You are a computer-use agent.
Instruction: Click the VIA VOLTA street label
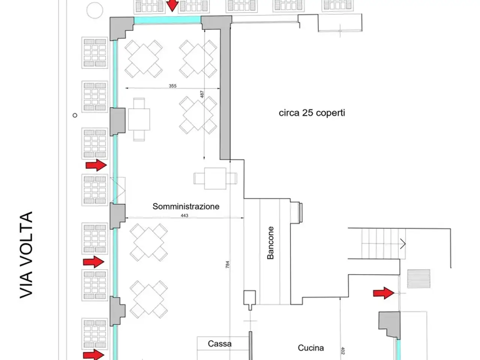coord(26,255)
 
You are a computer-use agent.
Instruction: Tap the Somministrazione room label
coord(186,206)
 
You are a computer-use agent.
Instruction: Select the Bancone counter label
coord(270,243)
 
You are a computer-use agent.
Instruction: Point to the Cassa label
coord(219,343)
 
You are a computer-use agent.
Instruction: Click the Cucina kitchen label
coord(311,348)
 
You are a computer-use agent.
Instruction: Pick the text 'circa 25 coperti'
coord(312,113)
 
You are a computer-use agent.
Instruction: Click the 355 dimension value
coord(172,86)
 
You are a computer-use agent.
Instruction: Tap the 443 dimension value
coord(184,216)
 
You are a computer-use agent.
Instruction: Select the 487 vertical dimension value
coord(202,94)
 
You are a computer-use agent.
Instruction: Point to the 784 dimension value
coord(227,264)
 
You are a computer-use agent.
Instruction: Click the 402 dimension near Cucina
coord(343,351)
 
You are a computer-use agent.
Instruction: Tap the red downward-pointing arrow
coord(172,6)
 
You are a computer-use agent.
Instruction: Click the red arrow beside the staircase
coord(384,293)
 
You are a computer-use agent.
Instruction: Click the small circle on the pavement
coord(75,115)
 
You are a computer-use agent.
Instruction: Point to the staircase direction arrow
coord(403,243)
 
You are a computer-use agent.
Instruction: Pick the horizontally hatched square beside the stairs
coord(418,279)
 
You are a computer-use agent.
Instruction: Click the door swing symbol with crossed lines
coord(118,190)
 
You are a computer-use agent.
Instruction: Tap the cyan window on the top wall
coord(168,20)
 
